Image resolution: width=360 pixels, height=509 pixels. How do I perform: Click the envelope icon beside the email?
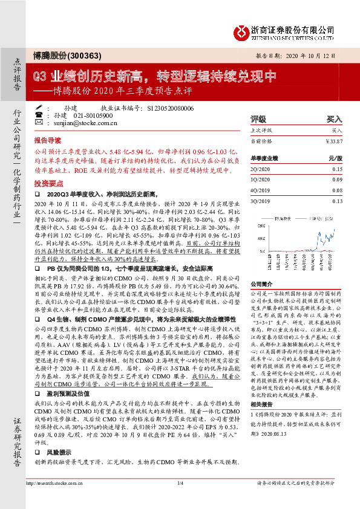(x=39, y=122)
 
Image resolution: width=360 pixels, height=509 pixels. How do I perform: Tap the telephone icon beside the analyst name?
(x=39, y=114)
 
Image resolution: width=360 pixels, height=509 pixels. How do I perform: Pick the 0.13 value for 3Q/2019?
(x=337, y=201)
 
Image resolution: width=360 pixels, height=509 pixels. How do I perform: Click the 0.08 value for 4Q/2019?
(x=337, y=190)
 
